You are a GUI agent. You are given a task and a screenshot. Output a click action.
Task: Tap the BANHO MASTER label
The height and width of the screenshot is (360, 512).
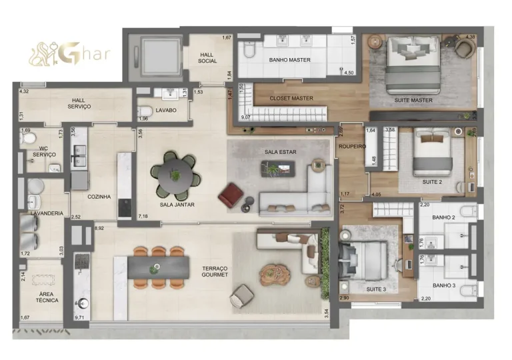pyautogui.click(x=290, y=60)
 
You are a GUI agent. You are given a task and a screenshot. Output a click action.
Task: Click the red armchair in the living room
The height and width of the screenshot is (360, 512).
pyautogui.click(x=230, y=195)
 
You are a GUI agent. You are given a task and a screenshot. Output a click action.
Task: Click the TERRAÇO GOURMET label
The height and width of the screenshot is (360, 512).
pyautogui.click(x=215, y=271)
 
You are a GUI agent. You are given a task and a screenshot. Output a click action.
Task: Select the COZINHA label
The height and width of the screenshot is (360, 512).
pyautogui.click(x=99, y=197)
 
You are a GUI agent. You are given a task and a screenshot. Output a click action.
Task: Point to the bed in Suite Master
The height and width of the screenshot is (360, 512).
pyautogui.click(x=413, y=65)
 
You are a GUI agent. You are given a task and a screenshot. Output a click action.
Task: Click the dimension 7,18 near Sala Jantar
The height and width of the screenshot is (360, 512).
pyautogui.click(x=143, y=217)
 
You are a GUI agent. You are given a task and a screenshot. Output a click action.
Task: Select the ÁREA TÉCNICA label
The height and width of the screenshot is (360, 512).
pyautogui.click(x=47, y=297)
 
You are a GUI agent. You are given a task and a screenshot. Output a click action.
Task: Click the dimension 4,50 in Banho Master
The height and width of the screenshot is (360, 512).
pyautogui.click(x=347, y=72)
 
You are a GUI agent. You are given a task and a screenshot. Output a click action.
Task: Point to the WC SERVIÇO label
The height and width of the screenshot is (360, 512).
pyautogui.click(x=44, y=151)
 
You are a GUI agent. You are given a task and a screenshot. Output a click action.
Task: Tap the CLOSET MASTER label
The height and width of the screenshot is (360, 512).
pyautogui.click(x=291, y=99)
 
